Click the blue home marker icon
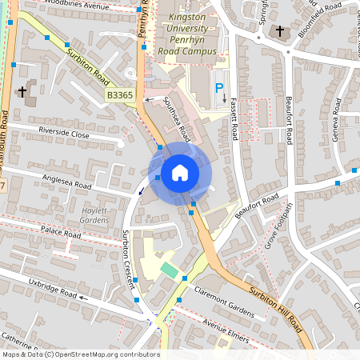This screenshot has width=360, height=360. coord(180,172)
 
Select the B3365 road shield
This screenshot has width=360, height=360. coord(120,95)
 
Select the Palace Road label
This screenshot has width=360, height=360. coord(62,234)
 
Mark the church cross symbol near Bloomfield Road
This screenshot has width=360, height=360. coord(279,32)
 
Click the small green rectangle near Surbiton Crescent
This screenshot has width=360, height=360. coord(168,270)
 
